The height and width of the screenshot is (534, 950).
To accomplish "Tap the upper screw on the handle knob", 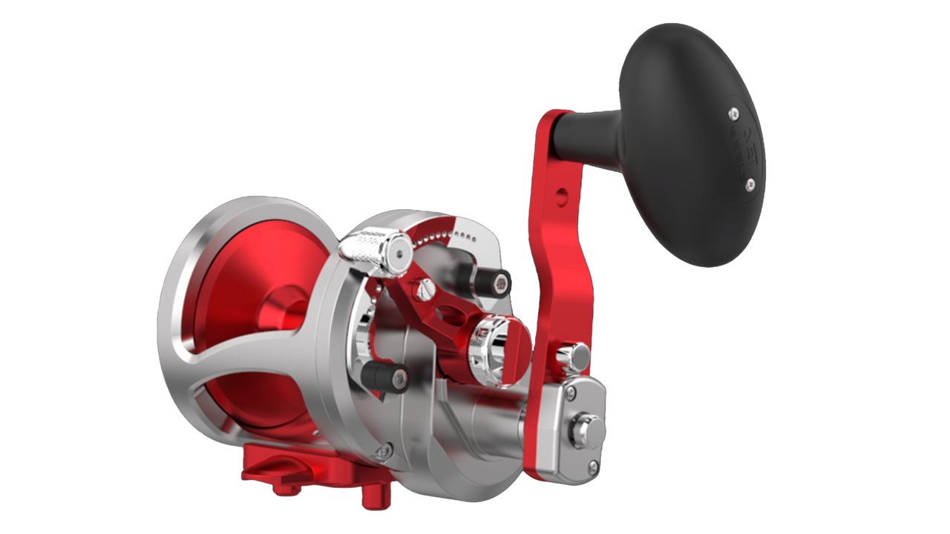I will coord(733,112).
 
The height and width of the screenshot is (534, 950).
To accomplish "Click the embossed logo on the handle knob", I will coord(742,148).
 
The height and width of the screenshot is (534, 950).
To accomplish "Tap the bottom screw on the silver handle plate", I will coord(592,465).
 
